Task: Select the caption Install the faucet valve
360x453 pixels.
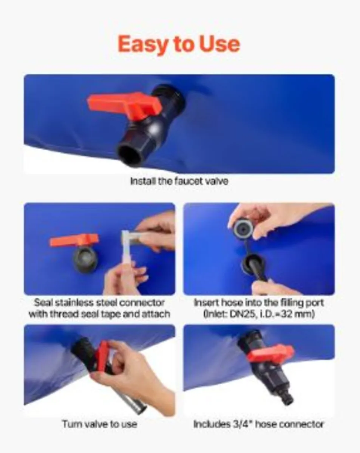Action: pos(179,181)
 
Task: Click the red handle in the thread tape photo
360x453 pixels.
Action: pos(74,240)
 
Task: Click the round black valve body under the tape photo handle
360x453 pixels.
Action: pos(85,259)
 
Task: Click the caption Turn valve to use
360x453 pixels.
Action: pos(100,424)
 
